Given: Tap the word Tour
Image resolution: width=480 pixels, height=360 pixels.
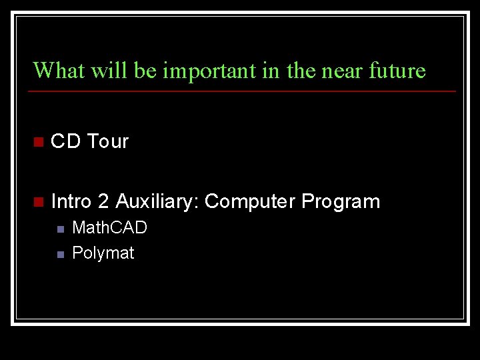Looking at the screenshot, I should pos(108,141).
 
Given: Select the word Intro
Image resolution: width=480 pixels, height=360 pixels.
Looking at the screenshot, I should pos(71,201).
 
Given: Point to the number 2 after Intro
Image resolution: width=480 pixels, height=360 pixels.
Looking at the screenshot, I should pos(103,201).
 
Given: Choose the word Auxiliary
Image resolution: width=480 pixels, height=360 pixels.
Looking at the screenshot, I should pos(157,201).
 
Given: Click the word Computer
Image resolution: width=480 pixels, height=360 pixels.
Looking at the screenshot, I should pos(250,201).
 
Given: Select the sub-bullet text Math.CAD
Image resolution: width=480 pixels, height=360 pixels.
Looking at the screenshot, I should pos(109,228).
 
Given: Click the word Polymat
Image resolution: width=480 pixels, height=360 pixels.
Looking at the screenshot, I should pos(103,253).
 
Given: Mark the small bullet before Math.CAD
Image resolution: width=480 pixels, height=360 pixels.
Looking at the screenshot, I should pos(59,229).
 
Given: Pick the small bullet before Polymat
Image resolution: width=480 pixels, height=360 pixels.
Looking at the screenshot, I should pos(59,254).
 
